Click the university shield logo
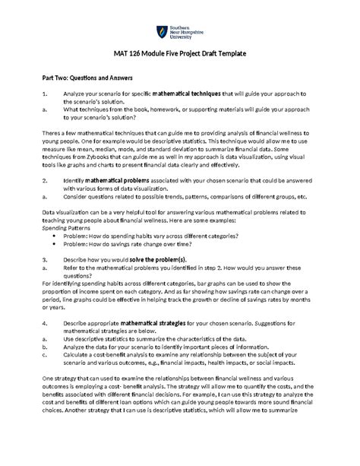pos(161,31)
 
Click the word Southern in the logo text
pos(181,27)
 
